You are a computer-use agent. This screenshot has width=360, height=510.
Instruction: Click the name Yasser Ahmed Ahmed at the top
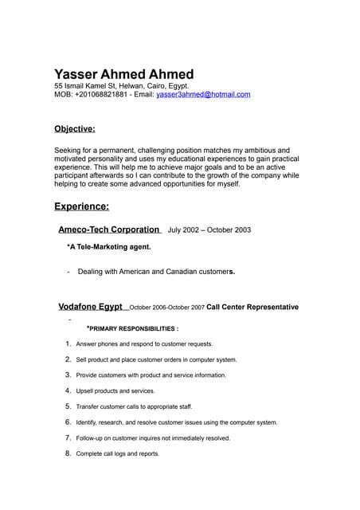pos(123,74)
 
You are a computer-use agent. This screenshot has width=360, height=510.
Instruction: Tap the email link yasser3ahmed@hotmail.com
pos(203,94)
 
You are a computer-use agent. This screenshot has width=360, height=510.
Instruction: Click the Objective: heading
pos(74,128)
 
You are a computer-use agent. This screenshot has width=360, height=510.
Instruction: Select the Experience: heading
pos(81,206)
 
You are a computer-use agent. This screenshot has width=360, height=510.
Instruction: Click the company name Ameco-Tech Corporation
pos(109,229)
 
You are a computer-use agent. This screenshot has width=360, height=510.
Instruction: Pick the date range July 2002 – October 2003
pos(209,229)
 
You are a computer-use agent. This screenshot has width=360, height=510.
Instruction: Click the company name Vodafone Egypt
pos(90,307)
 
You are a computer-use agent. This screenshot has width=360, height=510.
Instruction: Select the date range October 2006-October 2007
pos(166,308)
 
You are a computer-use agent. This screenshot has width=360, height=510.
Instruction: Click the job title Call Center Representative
pos(252,307)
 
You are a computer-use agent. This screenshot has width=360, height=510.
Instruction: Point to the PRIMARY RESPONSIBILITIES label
pos(133,328)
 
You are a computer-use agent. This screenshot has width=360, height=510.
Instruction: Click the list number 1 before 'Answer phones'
pos(68,344)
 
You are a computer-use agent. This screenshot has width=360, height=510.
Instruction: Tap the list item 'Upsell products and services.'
pos(115,391)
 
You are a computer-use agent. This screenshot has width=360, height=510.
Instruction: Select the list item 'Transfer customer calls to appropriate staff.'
pos(134,406)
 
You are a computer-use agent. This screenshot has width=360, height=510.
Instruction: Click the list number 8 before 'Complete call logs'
pos(68,453)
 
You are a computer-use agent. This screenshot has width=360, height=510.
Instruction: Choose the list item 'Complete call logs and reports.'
pos(117,453)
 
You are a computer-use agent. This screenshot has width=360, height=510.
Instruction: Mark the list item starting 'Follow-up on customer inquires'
pos(153,438)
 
